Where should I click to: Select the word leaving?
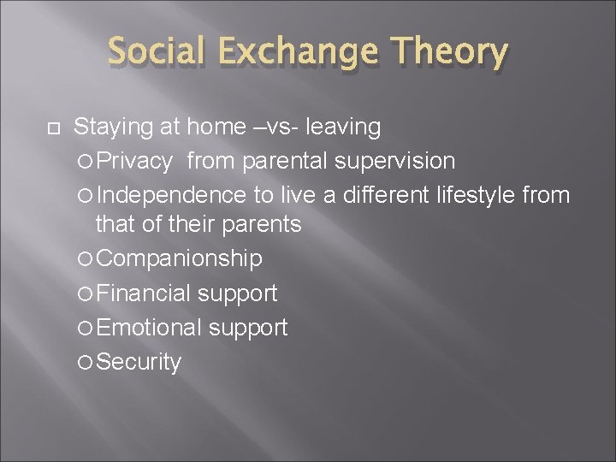click(x=344, y=128)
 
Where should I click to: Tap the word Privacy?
click(x=137, y=161)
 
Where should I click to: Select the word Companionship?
click(x=180, y=258)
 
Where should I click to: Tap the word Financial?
click(x=143, y=293)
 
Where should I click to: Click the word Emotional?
click(x=149, y=327)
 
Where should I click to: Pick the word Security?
click(x=139, y=362)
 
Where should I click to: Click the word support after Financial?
click(x=237, y=293)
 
